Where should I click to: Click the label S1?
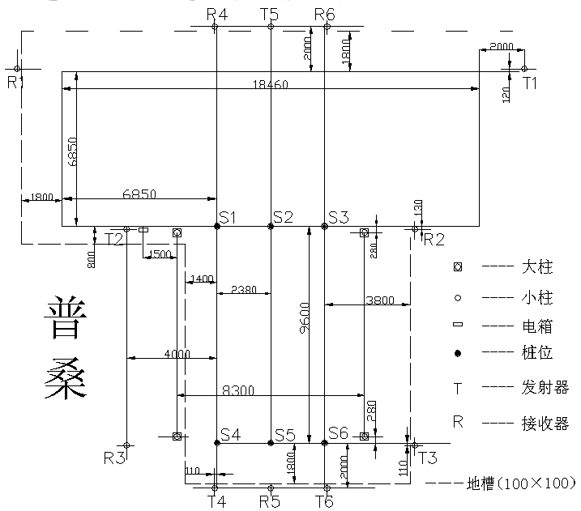click(x=227, y=217)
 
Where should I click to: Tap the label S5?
click(x=284, y=435)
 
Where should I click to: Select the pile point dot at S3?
click(x=324, y=227)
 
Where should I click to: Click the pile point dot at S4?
click(x=217, y=443)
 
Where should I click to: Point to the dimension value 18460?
click(x=270, y=84)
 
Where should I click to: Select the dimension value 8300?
click(x=238, y=390)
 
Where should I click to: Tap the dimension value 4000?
click(x=177, y=353)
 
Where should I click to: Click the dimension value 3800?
click(x=380, y=300)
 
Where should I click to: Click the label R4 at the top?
click(x=216, y=14)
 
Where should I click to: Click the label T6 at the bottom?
click(x=324, y=502)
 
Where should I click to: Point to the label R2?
click(x=434, y=238)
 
